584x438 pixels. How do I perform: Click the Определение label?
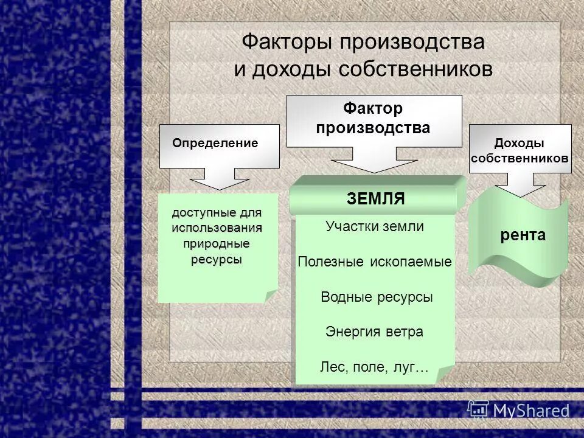[215, 144]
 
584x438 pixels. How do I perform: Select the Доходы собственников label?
[520, 150]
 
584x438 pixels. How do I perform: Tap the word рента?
[523, 235]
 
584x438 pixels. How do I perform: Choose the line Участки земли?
[374, 227]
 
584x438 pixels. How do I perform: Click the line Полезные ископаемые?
[374, 262]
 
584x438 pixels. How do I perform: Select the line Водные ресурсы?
[376, 297]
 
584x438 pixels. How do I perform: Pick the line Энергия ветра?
[374, 332]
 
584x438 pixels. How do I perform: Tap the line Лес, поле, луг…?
[374, 367]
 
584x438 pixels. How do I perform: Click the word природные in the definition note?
[217, 243]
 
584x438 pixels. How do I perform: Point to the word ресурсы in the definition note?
[217, 259]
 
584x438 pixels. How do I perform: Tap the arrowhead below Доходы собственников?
[520, 189]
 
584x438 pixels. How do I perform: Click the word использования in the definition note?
[217, 228]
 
